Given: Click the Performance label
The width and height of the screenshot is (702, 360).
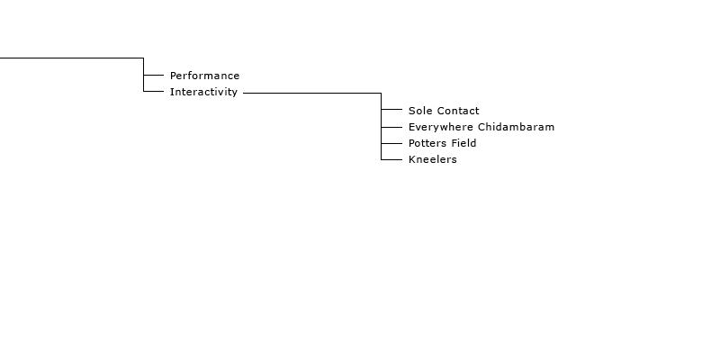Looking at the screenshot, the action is [x=204, y=76].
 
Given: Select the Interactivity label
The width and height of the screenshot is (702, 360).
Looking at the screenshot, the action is [x=203, y=92].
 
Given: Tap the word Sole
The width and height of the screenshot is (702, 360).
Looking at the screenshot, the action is [x=418, y=111].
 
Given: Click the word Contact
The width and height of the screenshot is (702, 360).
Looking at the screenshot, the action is [x=455, y=111].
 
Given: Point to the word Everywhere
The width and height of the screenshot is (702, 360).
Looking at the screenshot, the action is [x=441, y=127].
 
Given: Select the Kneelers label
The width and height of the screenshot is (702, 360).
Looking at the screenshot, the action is [x=433, y=159].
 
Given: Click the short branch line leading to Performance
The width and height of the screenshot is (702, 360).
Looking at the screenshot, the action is [x=154, y=75].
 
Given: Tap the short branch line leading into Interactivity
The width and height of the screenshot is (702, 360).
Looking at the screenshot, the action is [x=154, y=91].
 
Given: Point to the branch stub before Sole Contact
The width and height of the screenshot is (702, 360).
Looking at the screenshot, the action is [x=391, y=109].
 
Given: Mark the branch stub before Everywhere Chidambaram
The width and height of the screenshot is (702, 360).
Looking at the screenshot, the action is [x=391, y=127].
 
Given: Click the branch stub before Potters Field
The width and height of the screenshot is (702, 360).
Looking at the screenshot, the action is [x=391, y=143].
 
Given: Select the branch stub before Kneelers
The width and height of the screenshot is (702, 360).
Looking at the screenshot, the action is [x=391, y=159].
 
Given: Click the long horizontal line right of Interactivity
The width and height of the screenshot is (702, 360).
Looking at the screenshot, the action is [x=312, y=93].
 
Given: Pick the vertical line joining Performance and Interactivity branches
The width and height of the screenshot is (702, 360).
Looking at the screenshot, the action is [x=144, y=75].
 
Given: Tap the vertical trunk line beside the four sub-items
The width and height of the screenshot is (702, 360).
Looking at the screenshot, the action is [x=382, y=126].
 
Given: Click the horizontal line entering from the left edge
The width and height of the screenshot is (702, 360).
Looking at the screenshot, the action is [x=72, y=58].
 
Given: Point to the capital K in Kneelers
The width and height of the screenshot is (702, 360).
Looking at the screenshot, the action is [x=412, y=159].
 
